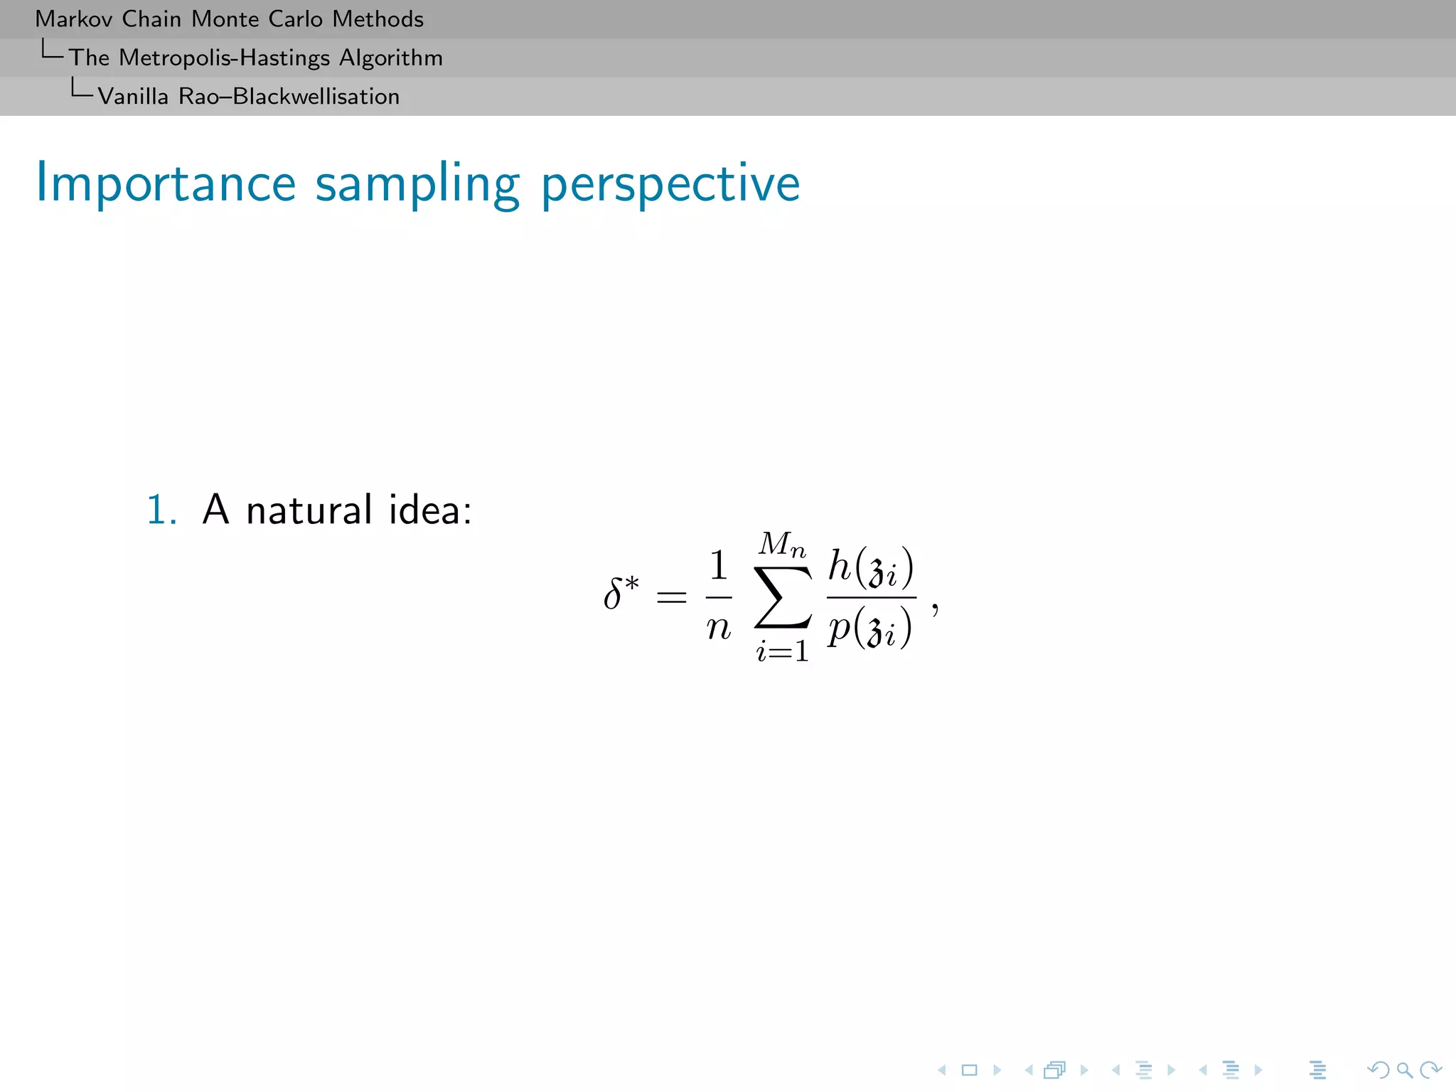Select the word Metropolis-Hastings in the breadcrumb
pos(225,58)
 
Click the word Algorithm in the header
pos(390,58)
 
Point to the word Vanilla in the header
pos(133,97)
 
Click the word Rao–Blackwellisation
pos(289,97)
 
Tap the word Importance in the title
pos(166,184)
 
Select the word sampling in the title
pos(417,184)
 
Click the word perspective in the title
pos(670,184)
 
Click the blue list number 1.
pos(161,510)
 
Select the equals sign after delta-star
pos(671,597)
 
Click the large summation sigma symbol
pos(782,597)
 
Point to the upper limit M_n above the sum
pos(782,545)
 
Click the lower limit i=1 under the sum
pos(782,651)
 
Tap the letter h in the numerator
pos(840,566)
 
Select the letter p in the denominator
pos(840,628)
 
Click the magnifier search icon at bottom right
pos(1403,1070)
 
